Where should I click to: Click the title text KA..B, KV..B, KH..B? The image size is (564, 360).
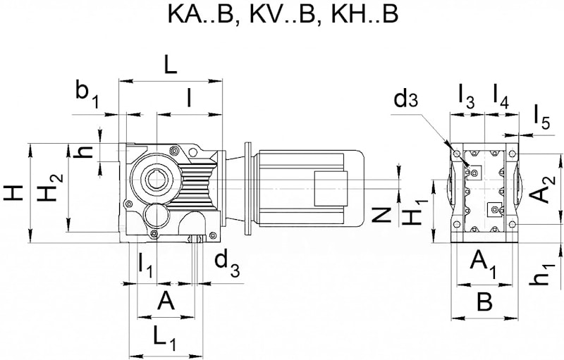(283, 14)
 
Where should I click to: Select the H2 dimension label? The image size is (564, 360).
(50, 187)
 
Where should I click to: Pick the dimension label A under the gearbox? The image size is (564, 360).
(166, 300)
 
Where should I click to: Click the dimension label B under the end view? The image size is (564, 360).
(484, 302)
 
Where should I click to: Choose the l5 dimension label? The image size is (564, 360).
(541, 118)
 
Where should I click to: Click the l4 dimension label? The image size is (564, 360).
(501, 97)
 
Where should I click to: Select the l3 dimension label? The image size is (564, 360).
(467, 97)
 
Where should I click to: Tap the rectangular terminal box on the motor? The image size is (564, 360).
(331, 189)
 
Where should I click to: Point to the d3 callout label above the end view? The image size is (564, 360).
(406, 99)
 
